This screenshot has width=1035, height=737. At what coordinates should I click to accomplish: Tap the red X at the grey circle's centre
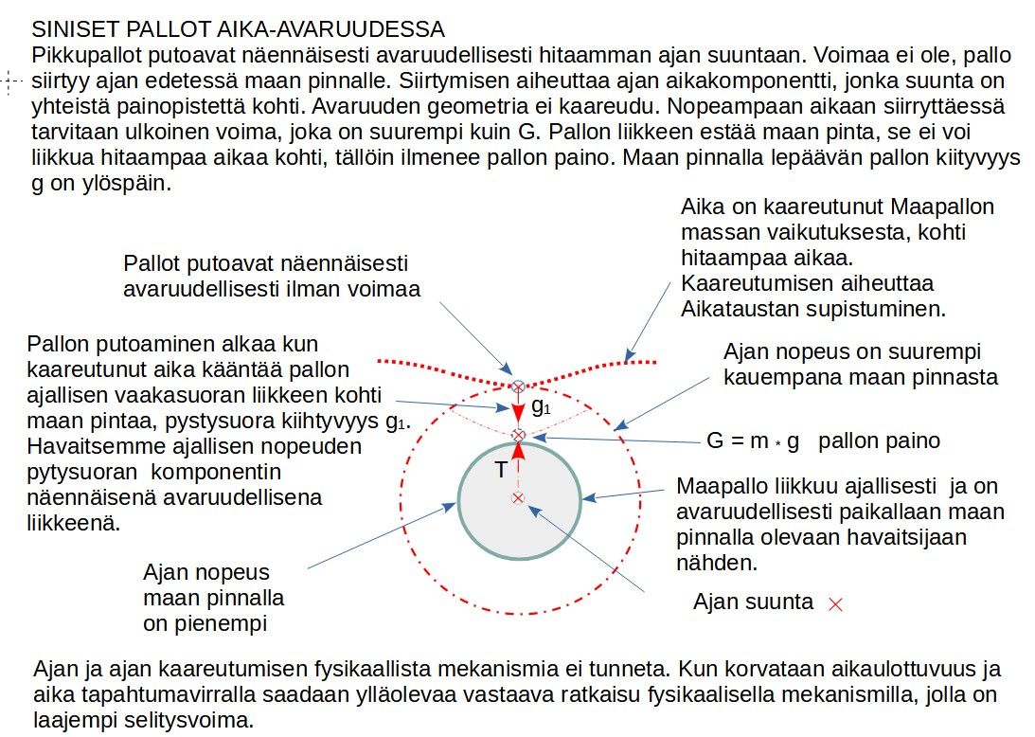pos(517,497)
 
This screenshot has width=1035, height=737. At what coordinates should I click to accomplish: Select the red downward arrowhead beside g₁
pos(518,416)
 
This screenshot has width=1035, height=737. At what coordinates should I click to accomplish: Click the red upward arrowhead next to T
pos(518,450)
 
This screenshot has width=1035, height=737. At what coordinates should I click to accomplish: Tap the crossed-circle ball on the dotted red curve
pos(518,386)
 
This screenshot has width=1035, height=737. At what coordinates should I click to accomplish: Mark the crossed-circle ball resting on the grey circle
pos(518,435)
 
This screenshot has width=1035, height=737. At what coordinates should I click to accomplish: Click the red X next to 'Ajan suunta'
pos(835,603)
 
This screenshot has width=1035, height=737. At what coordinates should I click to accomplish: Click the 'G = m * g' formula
pos(757,440)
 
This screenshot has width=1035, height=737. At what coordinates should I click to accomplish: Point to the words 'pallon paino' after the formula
pos(880,440)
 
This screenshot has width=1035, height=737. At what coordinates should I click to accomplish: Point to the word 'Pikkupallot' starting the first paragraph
pos(80,55)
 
